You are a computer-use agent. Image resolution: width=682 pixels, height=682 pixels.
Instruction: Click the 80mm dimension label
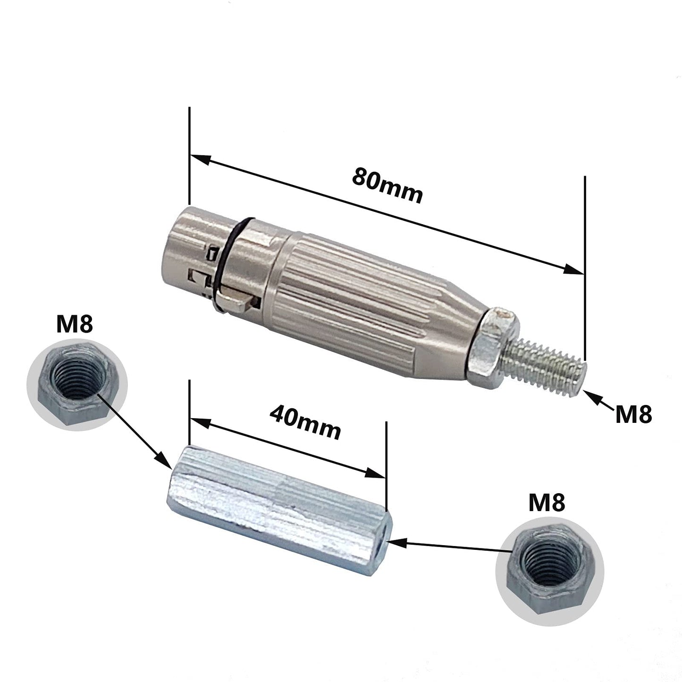click(387, 184)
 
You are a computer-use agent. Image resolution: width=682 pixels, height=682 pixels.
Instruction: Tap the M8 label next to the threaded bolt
click(633, 414)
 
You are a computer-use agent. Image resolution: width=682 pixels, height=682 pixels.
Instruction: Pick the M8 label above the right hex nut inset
click(546, 503)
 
